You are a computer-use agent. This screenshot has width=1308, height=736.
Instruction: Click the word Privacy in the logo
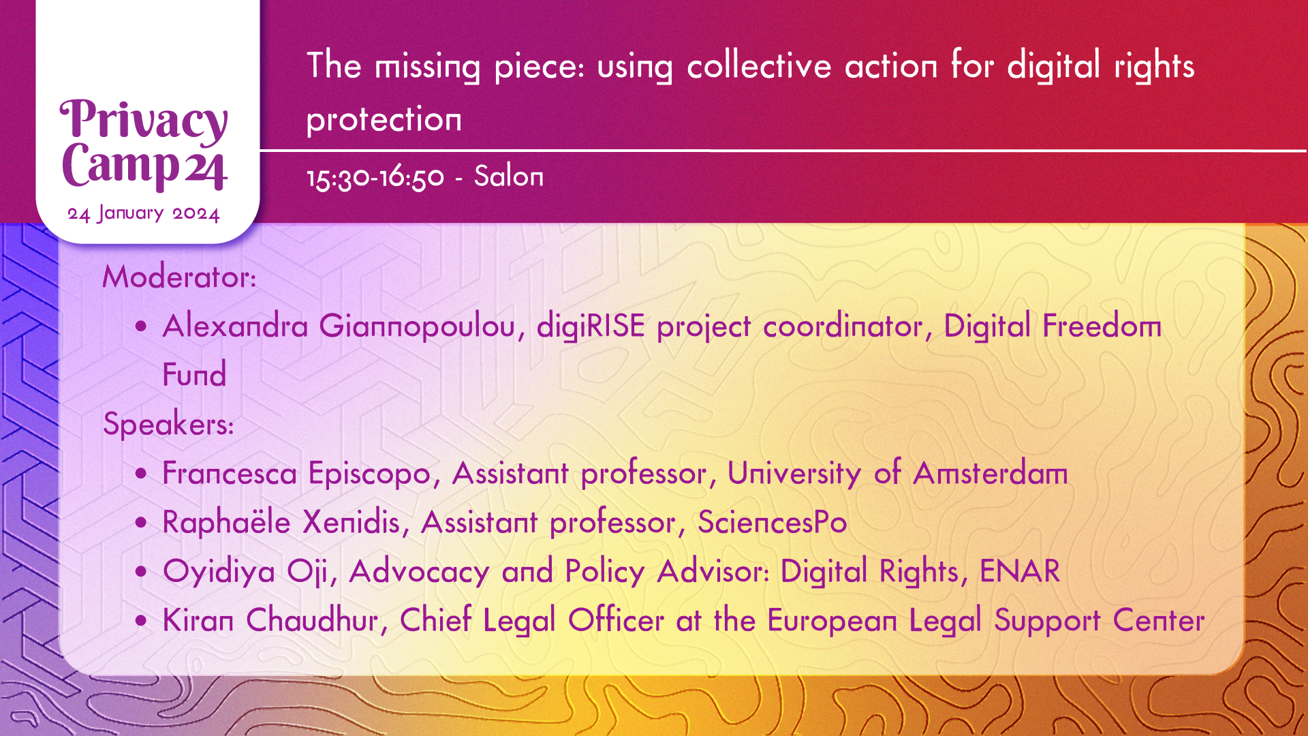coord(144,121)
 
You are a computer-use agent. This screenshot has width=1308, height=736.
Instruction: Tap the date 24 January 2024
coord(144,213)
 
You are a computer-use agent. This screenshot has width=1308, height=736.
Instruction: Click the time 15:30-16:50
coord(375,177)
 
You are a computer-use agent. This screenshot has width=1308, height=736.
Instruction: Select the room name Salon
coord(509,177)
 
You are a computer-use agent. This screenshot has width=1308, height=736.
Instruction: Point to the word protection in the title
coord(384,120)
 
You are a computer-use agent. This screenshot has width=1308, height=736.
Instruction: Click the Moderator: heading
coord(179,277)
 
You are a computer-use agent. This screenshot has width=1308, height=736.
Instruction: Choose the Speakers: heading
coord(168,425)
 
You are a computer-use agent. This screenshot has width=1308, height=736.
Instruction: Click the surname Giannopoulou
coord(417,326)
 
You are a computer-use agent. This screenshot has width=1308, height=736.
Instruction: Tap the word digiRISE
coord(591,326)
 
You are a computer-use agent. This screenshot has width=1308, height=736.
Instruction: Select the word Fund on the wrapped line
coord(194,375)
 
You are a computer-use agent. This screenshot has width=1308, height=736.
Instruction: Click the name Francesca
coord(230,474)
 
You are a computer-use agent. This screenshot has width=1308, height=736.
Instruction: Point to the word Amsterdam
coord(991,474)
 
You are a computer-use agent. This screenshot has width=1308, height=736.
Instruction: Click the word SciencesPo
coord(773,523)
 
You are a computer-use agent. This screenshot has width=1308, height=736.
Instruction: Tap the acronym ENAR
coord(1020,571)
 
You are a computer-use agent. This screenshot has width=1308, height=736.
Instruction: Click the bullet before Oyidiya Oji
coord(141,572)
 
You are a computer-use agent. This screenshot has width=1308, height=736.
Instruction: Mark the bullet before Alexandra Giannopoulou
coord(141,326)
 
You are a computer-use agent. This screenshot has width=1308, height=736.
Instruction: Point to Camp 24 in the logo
coord(144,166)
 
